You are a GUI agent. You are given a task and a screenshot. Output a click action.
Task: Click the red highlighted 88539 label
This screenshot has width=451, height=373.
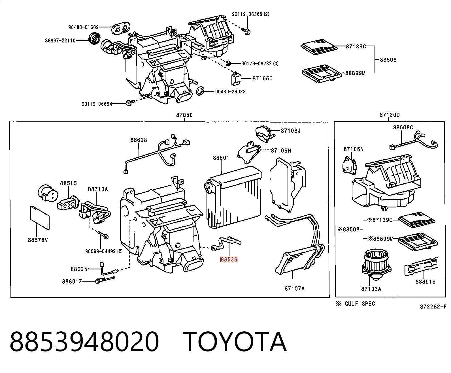229,260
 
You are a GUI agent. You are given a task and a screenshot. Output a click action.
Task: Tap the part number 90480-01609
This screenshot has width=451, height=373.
84,27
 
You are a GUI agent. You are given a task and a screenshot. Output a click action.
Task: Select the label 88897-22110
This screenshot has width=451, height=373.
60,40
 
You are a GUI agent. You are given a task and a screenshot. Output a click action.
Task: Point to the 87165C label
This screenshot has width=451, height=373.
262,78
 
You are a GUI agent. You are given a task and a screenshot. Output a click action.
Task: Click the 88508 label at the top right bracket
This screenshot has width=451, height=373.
388,60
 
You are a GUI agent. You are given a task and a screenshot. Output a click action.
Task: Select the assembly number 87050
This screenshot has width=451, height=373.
184,115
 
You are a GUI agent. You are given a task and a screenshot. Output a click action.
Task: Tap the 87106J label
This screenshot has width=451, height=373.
290,130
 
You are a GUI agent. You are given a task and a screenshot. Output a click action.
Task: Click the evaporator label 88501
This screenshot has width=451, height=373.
221,158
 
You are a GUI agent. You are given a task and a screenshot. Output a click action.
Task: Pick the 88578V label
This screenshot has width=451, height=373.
38,240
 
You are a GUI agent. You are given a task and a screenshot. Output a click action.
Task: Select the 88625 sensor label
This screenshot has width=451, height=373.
79,269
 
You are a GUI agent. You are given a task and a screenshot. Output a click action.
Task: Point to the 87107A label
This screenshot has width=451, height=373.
294,288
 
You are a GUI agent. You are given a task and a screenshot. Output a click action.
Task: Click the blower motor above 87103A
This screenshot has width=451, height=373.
376,264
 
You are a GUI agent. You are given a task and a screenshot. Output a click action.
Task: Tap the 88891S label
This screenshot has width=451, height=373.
426,282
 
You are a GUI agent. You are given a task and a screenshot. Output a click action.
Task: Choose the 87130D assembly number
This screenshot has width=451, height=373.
390,115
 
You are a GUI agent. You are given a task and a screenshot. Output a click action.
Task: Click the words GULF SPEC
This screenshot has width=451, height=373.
360,304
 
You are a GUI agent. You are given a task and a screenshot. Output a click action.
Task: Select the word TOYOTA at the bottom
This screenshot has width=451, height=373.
235,342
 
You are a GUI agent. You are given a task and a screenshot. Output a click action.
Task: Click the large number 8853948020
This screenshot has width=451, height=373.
84,342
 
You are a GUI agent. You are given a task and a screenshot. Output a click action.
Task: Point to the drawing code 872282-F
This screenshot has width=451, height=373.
433,307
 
